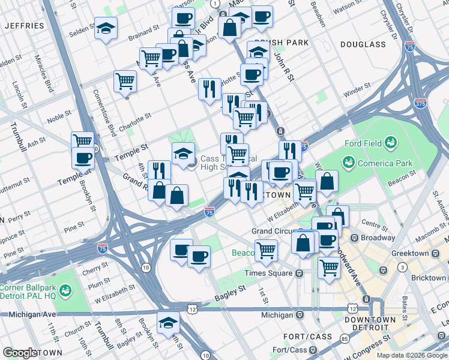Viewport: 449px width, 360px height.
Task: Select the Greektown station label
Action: tap(409, 254)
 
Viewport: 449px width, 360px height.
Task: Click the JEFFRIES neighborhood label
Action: tap(25, 26)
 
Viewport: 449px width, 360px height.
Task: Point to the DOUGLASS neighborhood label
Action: tap(363, 44)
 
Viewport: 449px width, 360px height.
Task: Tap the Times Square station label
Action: tap(269, 273)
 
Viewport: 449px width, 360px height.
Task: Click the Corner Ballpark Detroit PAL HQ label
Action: tap(31, 292)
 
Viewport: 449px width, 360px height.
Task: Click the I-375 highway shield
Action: tap(420, 104)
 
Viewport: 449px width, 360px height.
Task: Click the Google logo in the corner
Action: tap(20, 353)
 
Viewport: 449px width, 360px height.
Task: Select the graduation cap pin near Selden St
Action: tap(106, 29)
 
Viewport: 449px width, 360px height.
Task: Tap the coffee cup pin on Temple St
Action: tap(83, 157)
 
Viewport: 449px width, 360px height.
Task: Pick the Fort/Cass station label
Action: tap(289, 350)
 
